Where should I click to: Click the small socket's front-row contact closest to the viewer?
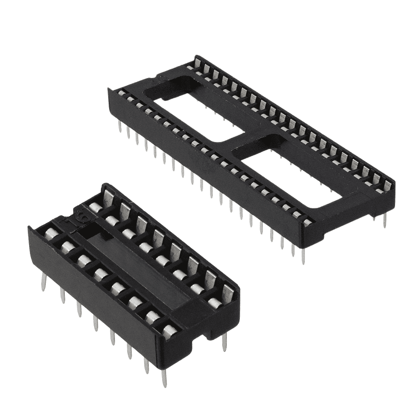click(x=169, y=332)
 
